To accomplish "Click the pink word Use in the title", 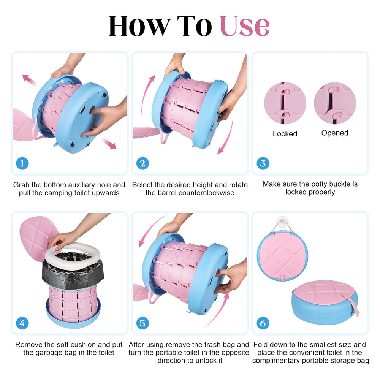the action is point(244,26).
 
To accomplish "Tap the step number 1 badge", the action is point(22,163).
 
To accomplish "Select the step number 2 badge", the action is point(142,163).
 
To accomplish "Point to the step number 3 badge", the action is point(263,163).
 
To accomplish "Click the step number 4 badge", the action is point(22,323).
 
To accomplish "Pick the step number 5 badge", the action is point(142,323).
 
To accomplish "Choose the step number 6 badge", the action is point(263,323).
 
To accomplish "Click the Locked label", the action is point(285,133).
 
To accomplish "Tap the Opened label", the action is point(335,133).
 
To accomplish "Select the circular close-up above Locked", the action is point(285,103).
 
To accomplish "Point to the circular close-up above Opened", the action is point(335,103).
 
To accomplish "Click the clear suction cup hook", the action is point(282,222).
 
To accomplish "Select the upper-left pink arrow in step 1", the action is point(30,80).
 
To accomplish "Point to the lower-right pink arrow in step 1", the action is point(109,143).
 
